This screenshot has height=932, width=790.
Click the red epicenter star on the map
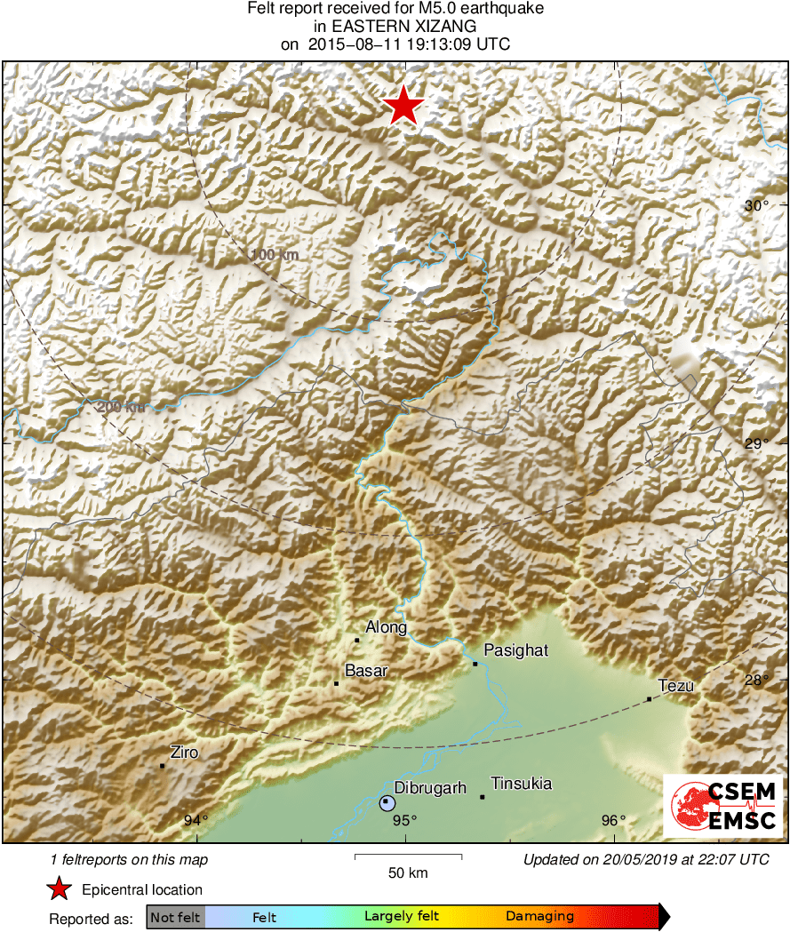coord(403,107)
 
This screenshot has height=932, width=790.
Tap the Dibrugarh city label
coord(430,787)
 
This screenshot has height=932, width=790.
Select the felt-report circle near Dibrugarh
coord(387,802)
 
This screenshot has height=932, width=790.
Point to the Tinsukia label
coord(522,784)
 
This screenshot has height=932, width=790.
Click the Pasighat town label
coord(516,650)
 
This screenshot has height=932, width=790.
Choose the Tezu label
coord(676,685)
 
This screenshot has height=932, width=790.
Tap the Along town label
coord(387,627)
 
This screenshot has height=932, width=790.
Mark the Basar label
coord(366,671)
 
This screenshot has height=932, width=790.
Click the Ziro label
coord(184,753)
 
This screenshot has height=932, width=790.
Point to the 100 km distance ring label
coord(275,255)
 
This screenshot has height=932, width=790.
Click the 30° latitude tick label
coord(757,205)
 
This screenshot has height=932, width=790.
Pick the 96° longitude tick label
coord(615,820)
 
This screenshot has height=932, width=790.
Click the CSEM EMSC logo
coord(723,806)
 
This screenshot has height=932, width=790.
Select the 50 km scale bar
coord(408,857)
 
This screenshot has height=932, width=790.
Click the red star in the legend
coord(60,889)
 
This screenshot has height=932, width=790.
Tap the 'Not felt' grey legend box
coord(175,916)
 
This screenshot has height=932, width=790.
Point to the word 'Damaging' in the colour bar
coord(539,916)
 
